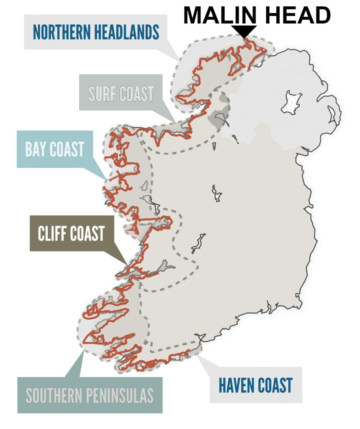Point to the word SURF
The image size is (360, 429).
103,94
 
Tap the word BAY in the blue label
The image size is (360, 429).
38,149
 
